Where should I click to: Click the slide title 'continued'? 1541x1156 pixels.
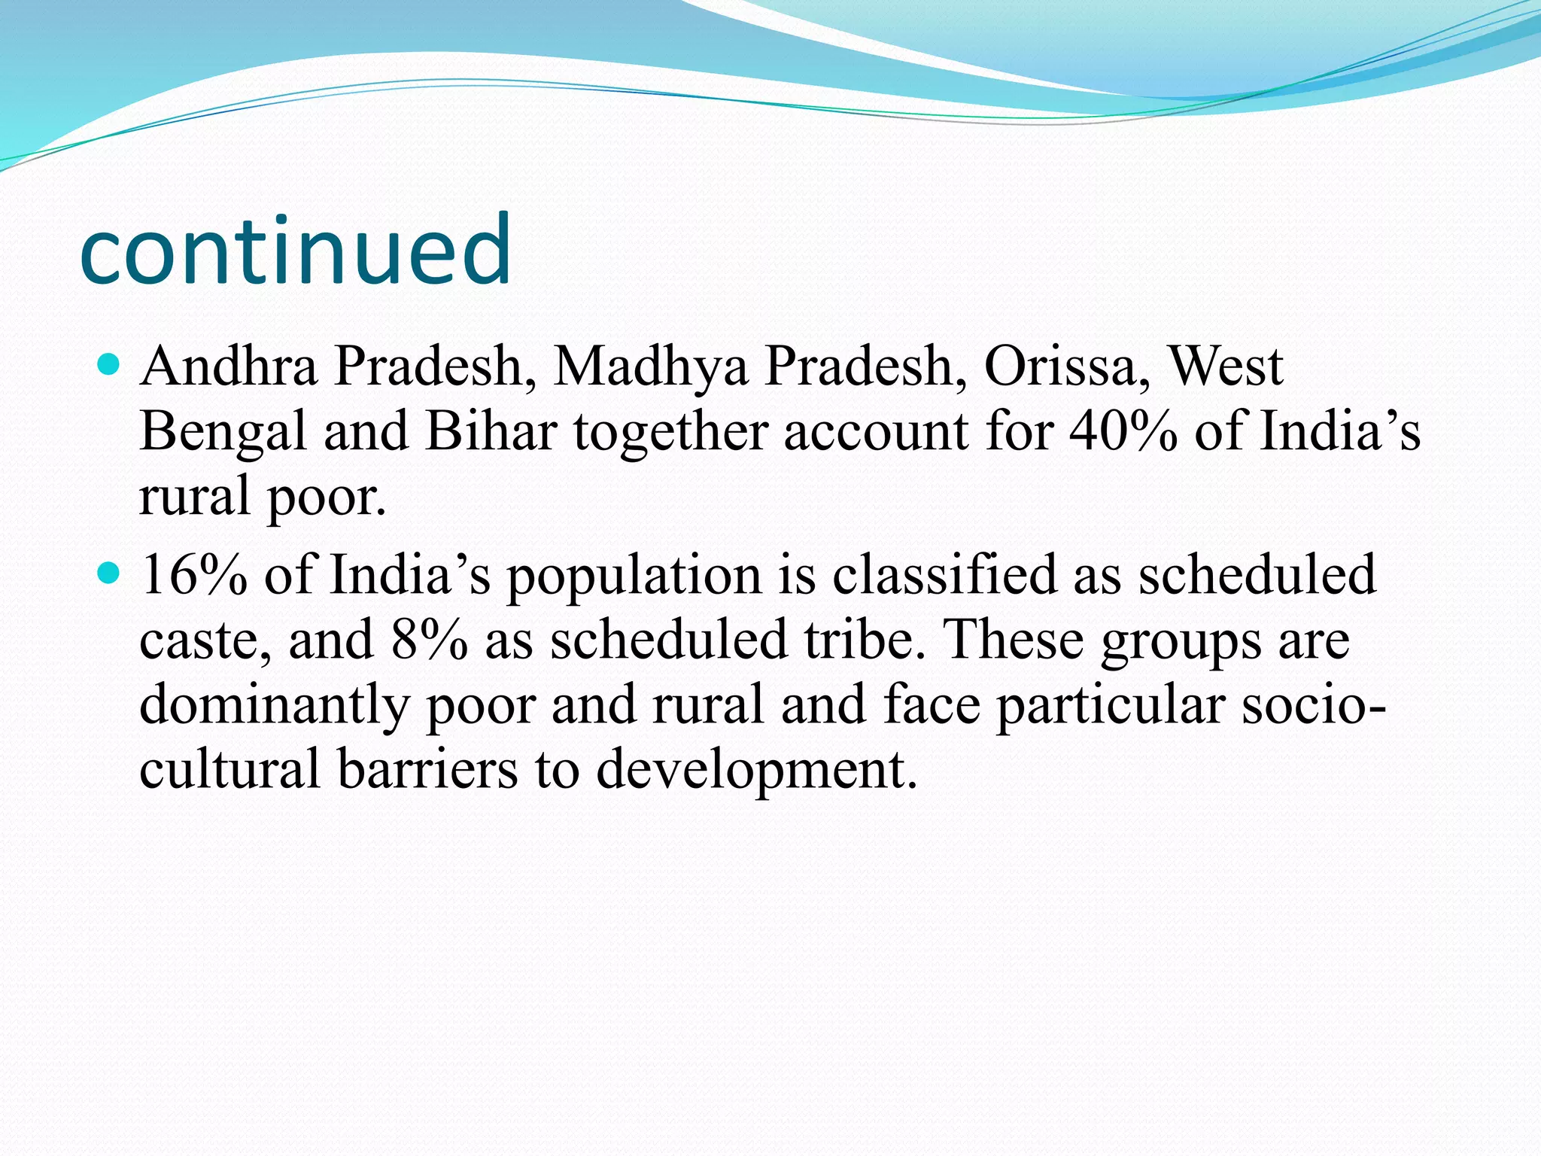point(295,250)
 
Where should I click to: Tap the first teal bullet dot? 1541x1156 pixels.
point(110,366)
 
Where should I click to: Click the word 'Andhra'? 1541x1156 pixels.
point(229,367)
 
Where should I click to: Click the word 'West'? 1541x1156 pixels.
point(1225,367)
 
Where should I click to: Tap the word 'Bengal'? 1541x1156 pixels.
point(223,433)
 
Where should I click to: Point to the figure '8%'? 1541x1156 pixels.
point(429,640)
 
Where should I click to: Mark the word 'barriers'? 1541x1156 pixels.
point(427,770)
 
